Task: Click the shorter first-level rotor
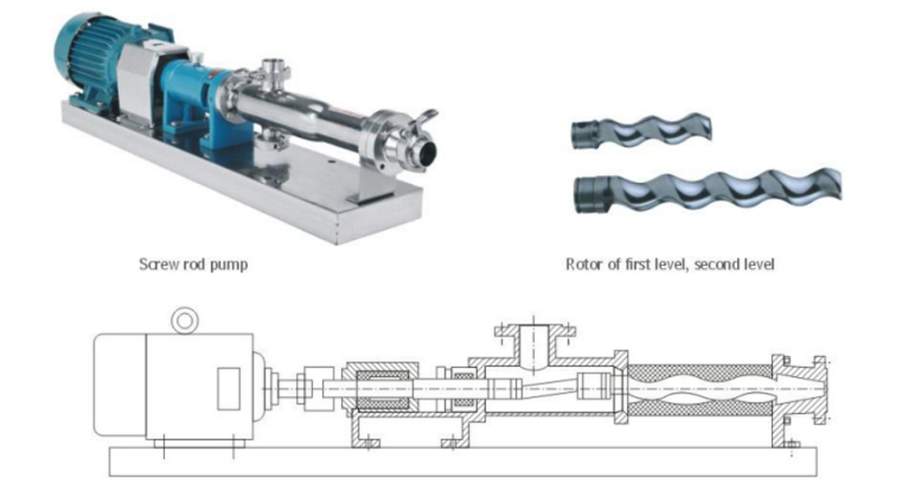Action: pyautogui.click(x=641, y=131)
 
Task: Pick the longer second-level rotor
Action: pyautogui.click(x=707, y=190)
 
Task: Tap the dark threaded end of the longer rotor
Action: pyautogui.click(x=593, y=195)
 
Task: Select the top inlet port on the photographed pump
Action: pyautogui.click(x=275, y=73)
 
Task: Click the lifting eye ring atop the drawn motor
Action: pyautogui.click(x=185, y=320)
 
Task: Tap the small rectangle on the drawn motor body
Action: pyautogui.click(x=228, y=389)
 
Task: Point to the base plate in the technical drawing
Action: pyautogui.click(x=463, y=462)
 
